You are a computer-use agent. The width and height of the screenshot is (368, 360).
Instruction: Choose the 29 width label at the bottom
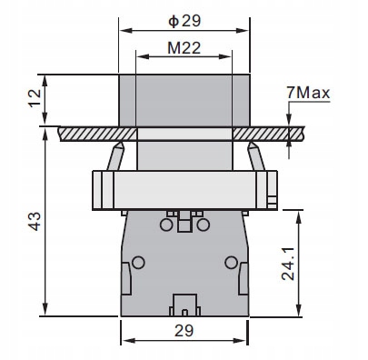point(185,329)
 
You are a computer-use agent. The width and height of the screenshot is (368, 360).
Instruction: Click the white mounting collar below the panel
point(184,189)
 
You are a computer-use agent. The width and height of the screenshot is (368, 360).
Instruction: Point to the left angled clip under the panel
point(115,156)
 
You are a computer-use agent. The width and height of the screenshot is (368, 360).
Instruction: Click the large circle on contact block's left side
point(138,263)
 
